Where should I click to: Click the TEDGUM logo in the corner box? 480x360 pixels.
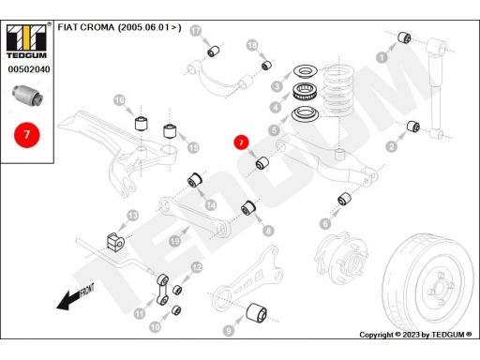pyautogui.click(x=26, y=41)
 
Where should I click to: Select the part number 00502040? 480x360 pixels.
pyautogui.click(x=29, y=69)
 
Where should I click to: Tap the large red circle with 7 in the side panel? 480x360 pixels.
pyautogui.click(x=27, y=135)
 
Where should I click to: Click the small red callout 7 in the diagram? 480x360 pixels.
pyautogui.click(x=241, y=142)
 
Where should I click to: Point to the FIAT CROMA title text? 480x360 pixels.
pyautogui.click(x=119, y=27)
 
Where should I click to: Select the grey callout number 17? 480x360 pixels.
pyautogui.click(x=196, y=31)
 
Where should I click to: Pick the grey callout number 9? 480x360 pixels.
pyautogui.click(x=229, y=330)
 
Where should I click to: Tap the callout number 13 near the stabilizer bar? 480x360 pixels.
pyautogui.click(x=133, y=216)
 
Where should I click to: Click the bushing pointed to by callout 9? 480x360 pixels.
pyautogui.click(x=256, y=312)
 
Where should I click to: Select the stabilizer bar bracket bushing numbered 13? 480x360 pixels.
pyautogui.click(x=115, y=241)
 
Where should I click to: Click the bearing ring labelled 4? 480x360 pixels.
pyautogui.click(x=305, y=92)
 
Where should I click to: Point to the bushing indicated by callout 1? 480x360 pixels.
pyautogui.click(x=404, y=37)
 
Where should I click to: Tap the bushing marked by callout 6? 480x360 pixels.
pyautogui.click(x=344, y=200)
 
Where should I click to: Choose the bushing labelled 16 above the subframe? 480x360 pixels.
pyautogui.click(x=142, y=123)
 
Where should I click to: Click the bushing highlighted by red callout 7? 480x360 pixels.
pyautogui.click(x=262, y=162)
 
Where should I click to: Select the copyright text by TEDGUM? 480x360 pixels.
pyautogui.click(x=415, y=335)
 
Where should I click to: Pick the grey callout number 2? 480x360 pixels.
pyautogui.click(x=391, y=146)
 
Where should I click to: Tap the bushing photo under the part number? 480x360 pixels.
pyautogui.click(x=28, y=95)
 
